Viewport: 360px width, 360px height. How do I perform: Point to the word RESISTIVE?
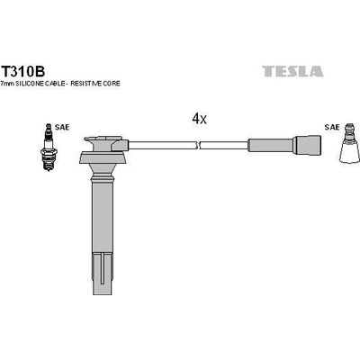click(x=100, y=83)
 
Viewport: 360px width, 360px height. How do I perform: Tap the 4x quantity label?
click(x=199, y=118)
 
